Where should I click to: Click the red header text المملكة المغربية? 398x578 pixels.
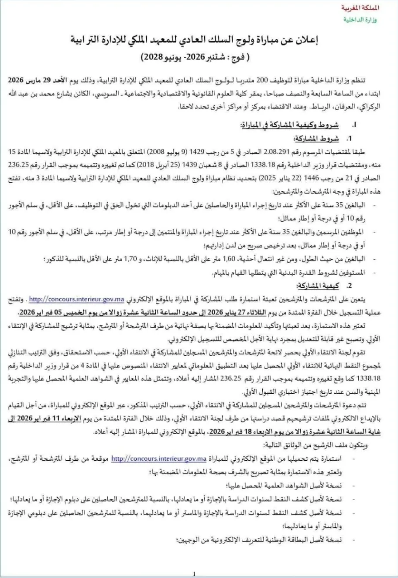coord(378,8)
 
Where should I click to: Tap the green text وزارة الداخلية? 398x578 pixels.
coord(378,20)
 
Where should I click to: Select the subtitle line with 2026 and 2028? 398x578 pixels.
coord(197,57)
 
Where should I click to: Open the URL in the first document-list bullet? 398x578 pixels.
coord(158,459)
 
